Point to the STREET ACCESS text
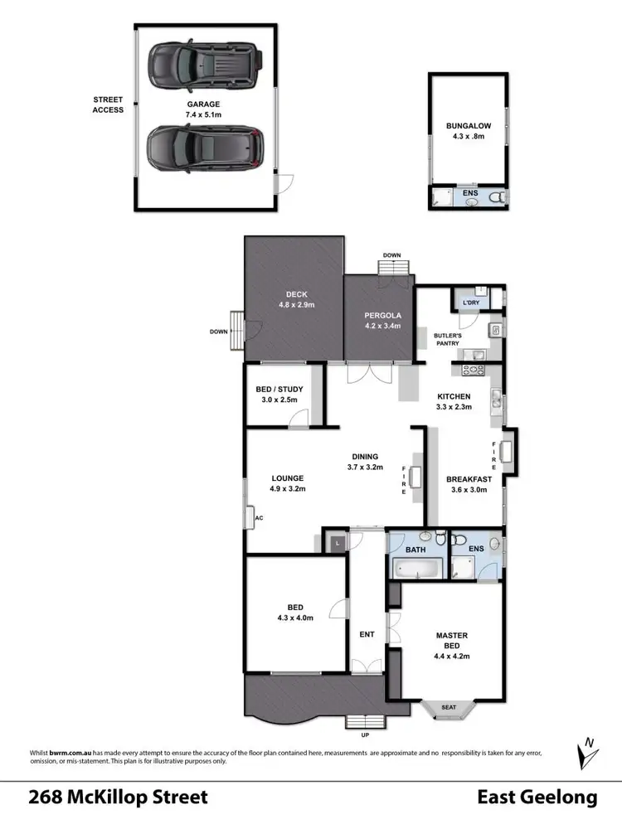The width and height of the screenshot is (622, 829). click(108, 104)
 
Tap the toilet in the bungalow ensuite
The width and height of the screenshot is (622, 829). click(496, 198)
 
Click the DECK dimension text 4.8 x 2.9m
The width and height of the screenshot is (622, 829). click(296, 305)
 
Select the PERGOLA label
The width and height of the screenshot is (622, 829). click(382, 316)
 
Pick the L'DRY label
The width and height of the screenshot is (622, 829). click(471, 303)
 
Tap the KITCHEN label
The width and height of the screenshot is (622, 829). click(454, 396)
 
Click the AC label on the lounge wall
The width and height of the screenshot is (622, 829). click(259, 518)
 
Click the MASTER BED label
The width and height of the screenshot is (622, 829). click(453, 640)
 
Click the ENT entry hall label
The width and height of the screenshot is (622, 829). click(367, 635)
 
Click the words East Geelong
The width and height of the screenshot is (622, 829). click(537, 797)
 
